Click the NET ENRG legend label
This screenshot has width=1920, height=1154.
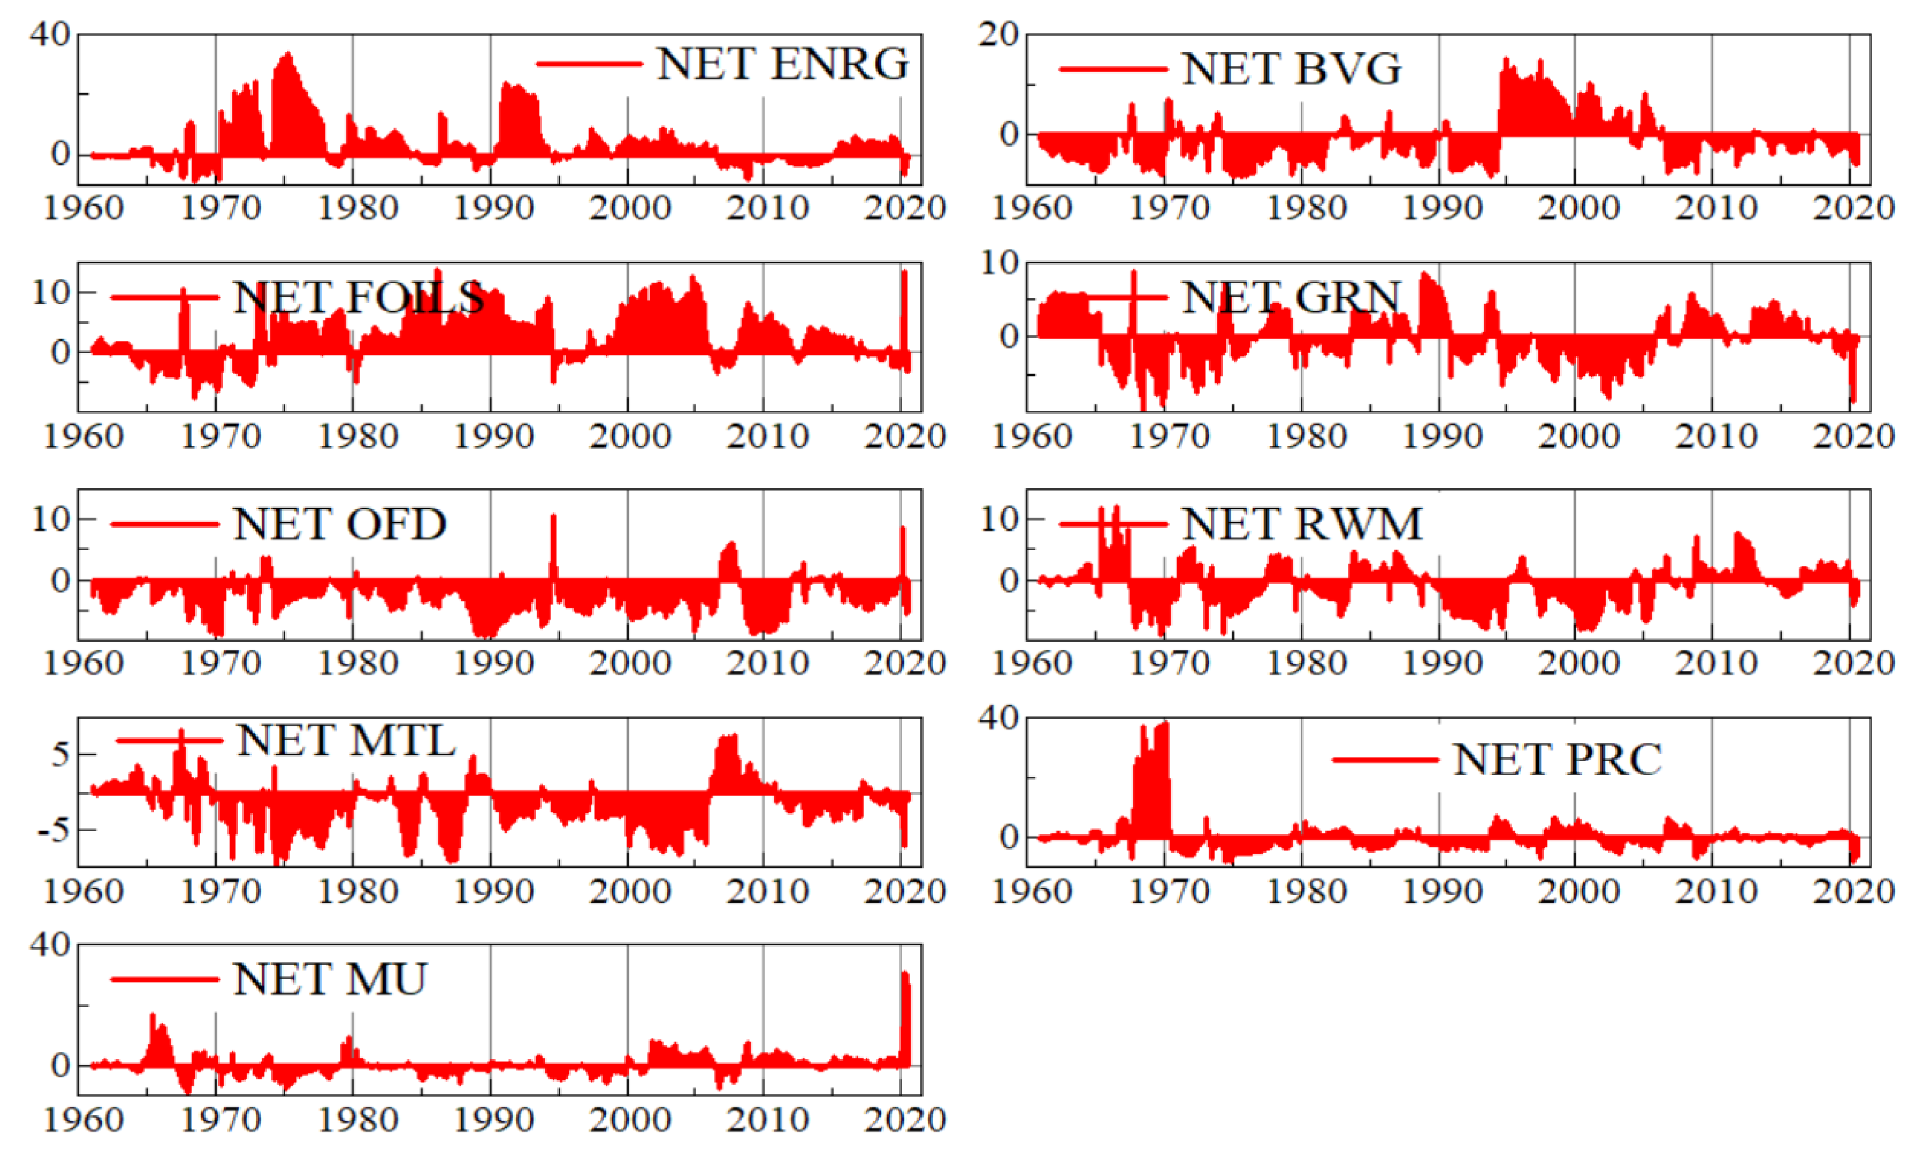point(782,64)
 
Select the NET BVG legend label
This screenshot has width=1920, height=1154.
point(1291,69)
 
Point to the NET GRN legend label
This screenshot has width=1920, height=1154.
point(1291,297)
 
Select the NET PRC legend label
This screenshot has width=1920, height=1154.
point(1557,759)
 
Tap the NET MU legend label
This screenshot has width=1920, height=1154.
point(330,979)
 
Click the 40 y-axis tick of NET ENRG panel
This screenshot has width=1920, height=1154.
point(50,34)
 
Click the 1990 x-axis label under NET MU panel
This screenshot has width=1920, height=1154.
point(493,1120)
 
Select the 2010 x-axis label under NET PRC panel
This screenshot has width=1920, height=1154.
point(1716,891)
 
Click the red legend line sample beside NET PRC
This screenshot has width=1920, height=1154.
point(1385,759)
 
